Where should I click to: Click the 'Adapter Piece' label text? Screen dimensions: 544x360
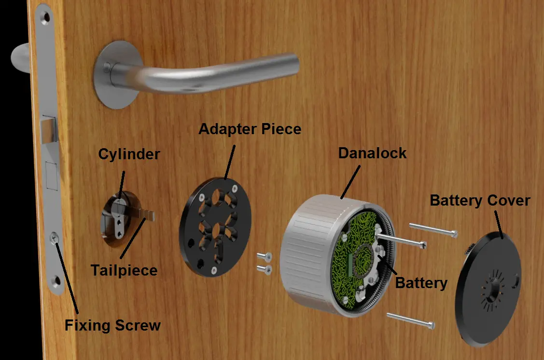pos(250,129)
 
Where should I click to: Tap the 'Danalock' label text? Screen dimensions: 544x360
pos(372,153)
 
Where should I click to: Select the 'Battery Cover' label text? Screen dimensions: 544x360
pos(480,200)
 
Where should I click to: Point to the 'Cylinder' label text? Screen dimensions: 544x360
pos(129,154)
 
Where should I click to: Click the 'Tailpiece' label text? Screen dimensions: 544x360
pos(124,270)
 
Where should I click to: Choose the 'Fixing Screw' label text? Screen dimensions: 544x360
pos(112,325)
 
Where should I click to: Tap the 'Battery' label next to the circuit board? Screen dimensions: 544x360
pos(421,282)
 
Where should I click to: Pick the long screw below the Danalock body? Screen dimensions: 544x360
pos(410,320)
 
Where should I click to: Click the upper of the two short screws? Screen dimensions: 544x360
pos(263,257)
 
